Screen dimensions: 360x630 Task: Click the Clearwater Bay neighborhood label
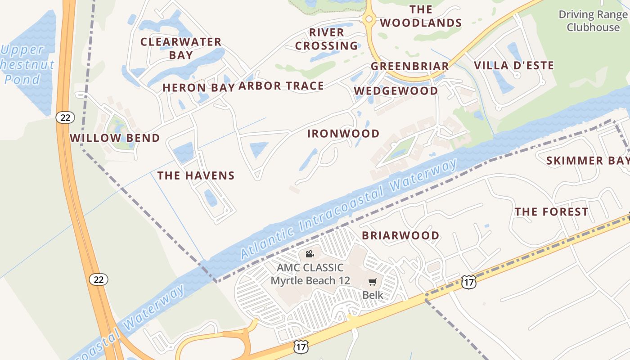181,49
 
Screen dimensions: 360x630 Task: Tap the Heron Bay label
198,88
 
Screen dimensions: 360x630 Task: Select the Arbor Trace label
281,86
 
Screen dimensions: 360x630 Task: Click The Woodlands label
421,16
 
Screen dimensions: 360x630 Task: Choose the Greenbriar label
410,67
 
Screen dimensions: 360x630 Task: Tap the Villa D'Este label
514,66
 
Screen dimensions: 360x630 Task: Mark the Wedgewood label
396,91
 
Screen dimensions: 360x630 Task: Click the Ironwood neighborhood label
343,134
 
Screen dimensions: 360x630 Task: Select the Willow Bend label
115,138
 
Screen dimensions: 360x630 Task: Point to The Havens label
196,175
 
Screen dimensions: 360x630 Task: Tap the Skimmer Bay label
588,161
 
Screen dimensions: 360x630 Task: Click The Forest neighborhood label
551,211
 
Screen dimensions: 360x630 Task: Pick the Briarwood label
400,235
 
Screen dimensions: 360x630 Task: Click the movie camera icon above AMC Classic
310,254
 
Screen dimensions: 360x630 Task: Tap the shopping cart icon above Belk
372,282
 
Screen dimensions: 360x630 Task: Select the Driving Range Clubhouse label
593,21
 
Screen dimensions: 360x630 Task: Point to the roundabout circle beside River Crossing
369,19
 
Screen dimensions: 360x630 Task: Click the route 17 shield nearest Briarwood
468,282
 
